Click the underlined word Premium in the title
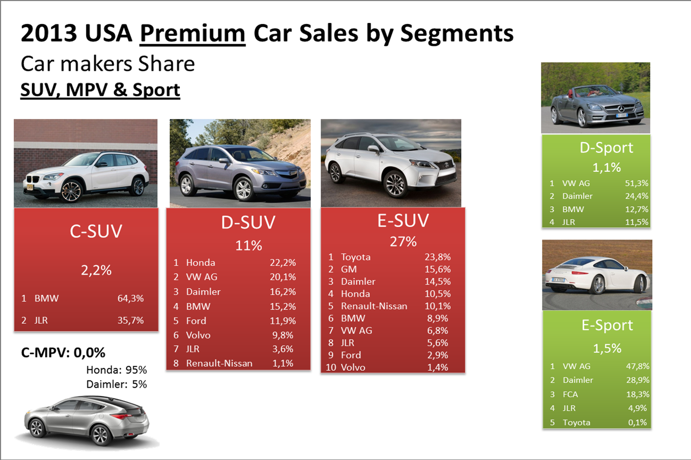coord(192,34)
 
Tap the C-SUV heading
coord(96,231)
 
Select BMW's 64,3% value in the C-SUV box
coord(130,298)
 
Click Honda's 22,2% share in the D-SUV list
coord(282,263)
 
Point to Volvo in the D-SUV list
coord(198,335)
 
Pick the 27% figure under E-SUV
coord(403,242)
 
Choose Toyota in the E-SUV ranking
coord(355,257)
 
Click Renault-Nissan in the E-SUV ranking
coord(374,306)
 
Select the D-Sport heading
coord(606,148)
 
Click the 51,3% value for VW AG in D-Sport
coord(636,183)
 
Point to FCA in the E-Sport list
coord(570,394)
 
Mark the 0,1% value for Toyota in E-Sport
coord(638,423)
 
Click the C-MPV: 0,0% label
coord(63,353)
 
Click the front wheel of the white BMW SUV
coord(71,191)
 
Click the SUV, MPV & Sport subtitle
coord(100,90)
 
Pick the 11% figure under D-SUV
coord(248,246)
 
